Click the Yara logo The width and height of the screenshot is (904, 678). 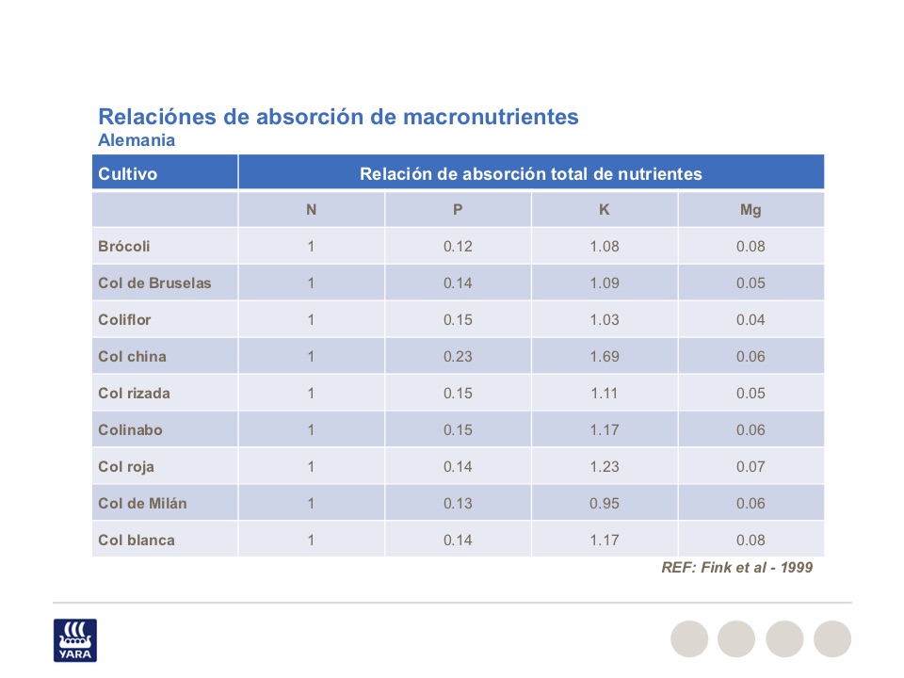74,639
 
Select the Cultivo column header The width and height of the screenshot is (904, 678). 127,173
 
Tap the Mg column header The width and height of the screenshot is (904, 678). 751,210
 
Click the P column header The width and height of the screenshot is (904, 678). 458,210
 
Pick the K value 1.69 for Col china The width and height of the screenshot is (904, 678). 605,357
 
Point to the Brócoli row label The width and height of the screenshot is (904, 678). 124,247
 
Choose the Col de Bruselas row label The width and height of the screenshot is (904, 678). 154,283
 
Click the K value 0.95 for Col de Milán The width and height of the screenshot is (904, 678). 605,504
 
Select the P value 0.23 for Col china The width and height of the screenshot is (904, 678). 458,357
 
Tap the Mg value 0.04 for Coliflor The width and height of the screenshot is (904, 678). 751,320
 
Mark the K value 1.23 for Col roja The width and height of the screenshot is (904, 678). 605,467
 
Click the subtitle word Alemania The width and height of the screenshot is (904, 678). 137,140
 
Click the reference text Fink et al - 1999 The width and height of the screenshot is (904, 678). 736,568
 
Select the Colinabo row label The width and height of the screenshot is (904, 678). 130,430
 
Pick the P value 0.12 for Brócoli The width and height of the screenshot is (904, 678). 458,247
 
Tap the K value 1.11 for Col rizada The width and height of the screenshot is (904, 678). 605,394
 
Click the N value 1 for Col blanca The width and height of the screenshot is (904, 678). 311,541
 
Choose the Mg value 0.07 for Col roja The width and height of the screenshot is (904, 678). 751,467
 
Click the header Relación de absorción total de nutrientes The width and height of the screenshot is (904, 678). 531,173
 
